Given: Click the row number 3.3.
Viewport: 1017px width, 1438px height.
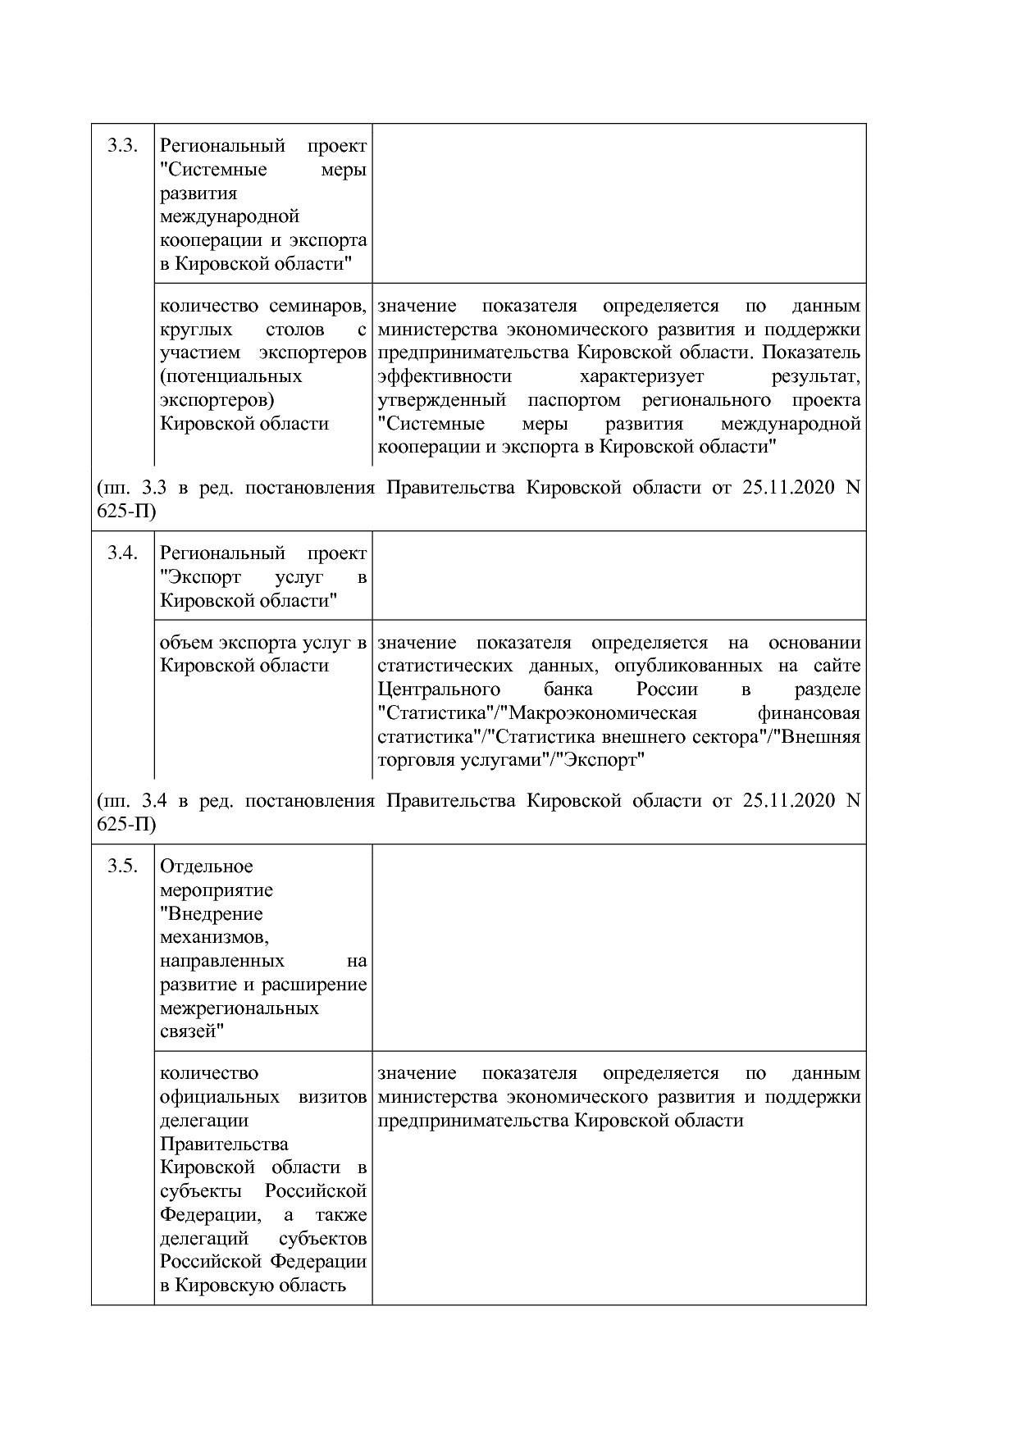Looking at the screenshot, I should [x=121, y=146].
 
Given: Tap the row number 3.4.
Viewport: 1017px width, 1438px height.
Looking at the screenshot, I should [x=121, y=553].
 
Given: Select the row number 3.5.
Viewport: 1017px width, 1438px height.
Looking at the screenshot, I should [x=121, y=866].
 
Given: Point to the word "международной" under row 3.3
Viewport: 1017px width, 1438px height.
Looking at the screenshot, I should [x=230, y=216].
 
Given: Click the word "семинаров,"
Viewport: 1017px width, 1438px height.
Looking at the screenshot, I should [x=318, y=306].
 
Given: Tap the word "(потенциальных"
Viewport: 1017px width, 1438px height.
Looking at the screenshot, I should [x=230, y=376].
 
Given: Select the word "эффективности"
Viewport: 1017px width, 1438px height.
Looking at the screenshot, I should [x=445, y=376].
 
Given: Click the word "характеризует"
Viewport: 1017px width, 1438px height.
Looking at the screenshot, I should [x=641, y=376].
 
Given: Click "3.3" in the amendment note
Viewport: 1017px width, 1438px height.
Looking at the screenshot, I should [x=154, y=488].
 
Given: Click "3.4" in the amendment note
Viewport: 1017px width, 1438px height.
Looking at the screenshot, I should [x=154, y=800].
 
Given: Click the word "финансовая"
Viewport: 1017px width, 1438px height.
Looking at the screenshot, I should [x=809, y=712].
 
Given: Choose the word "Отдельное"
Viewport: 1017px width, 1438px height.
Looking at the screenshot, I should [x=207, y=867].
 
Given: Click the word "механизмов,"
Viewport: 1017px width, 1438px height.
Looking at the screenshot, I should [x=215, y=936].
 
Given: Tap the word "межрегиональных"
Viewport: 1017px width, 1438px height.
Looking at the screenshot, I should [x=239, y=1008].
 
